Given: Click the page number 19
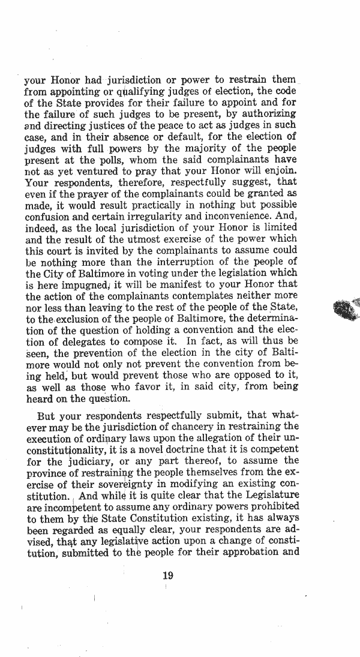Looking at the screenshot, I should click(168, 575).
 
